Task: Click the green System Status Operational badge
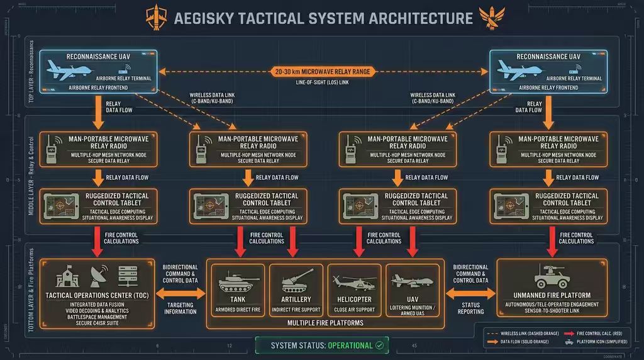pos(321,345)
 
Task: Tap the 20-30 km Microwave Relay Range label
pos(321,72)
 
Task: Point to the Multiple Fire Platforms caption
pos(325,322)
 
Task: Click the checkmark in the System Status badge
pos(379,345)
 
